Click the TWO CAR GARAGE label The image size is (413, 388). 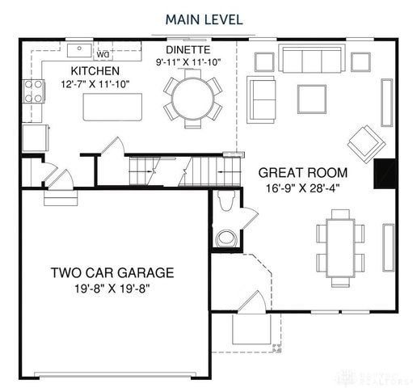(x=112, y=272)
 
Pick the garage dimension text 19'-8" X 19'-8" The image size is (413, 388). (x=112, y=289)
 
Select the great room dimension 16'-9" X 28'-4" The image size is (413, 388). (x=303, y=188)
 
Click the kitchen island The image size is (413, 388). (x=113, y=106)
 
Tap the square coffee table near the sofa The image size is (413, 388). (x=312, y=98)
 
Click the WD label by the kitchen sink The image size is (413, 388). (x=103, y=54)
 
